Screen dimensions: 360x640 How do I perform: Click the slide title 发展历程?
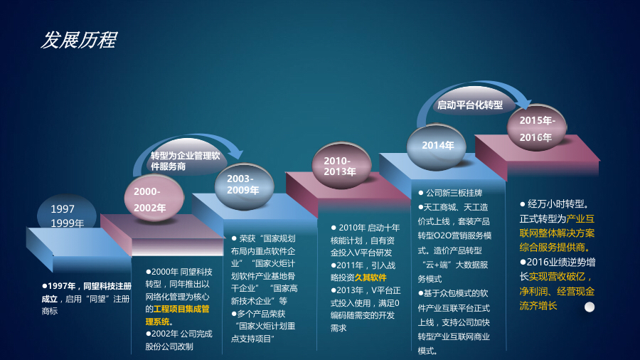point(78,41)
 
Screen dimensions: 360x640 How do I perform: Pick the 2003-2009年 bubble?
point(244,185)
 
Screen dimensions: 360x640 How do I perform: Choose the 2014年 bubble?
point(437,146)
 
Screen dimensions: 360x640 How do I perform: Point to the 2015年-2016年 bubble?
point(537,128)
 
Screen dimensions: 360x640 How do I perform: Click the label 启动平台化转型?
point(469,105)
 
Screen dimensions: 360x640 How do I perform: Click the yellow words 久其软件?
point(370,277)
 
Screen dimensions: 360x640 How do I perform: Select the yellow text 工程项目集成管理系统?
point(177,315)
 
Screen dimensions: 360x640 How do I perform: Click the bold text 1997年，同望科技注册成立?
point(85,292)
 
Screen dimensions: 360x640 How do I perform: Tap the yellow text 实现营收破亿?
point(560,276)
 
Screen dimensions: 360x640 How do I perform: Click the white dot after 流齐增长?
point(590,307)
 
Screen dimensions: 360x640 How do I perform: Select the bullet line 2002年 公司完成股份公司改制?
point(171,339)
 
